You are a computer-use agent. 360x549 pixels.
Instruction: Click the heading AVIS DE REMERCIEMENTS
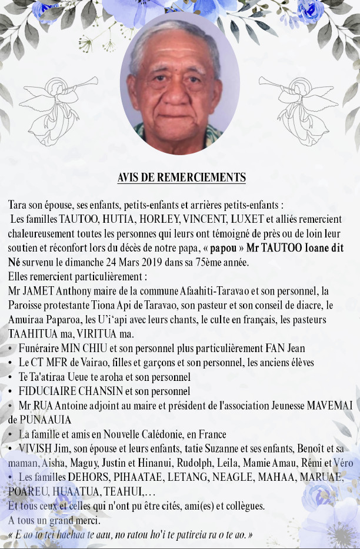point(181,177)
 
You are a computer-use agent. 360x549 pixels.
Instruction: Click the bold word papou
point(223,248)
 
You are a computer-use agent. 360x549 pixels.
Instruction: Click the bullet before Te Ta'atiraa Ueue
point(11,377)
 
